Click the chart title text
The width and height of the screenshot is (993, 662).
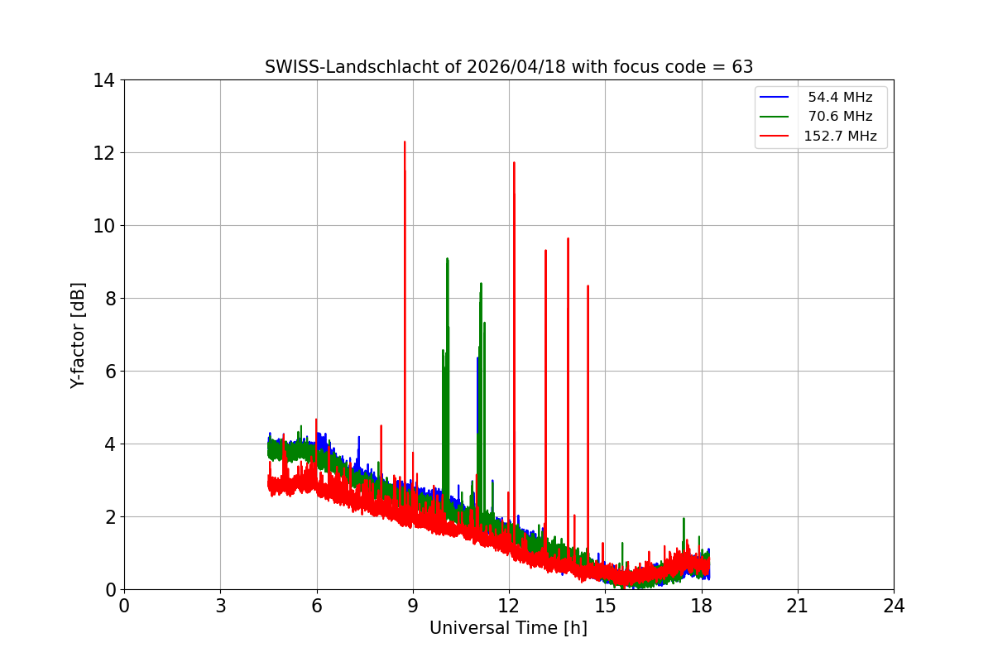tap(509, 67)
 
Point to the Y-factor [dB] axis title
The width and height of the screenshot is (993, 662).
tap(78, 335)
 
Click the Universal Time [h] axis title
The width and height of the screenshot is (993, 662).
tap(508, 628)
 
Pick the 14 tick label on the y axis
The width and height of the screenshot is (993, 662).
tap(103, 80)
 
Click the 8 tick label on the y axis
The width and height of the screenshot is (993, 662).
tap(108, 299)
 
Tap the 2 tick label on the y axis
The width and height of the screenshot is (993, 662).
tap(108, 517)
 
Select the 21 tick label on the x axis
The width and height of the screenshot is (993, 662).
tap(798, 607)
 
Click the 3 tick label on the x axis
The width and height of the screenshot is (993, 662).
tap(220, 607)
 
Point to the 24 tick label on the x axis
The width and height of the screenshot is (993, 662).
tap(894, 607)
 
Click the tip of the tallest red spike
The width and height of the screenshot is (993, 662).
tap(405, 142)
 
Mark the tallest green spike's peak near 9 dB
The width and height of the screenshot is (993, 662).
tap(447, 259)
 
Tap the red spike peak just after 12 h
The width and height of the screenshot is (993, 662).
tap(514, 163)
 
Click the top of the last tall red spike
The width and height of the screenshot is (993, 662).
tap(588, 286)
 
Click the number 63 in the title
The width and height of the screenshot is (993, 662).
tap(742, 67)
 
